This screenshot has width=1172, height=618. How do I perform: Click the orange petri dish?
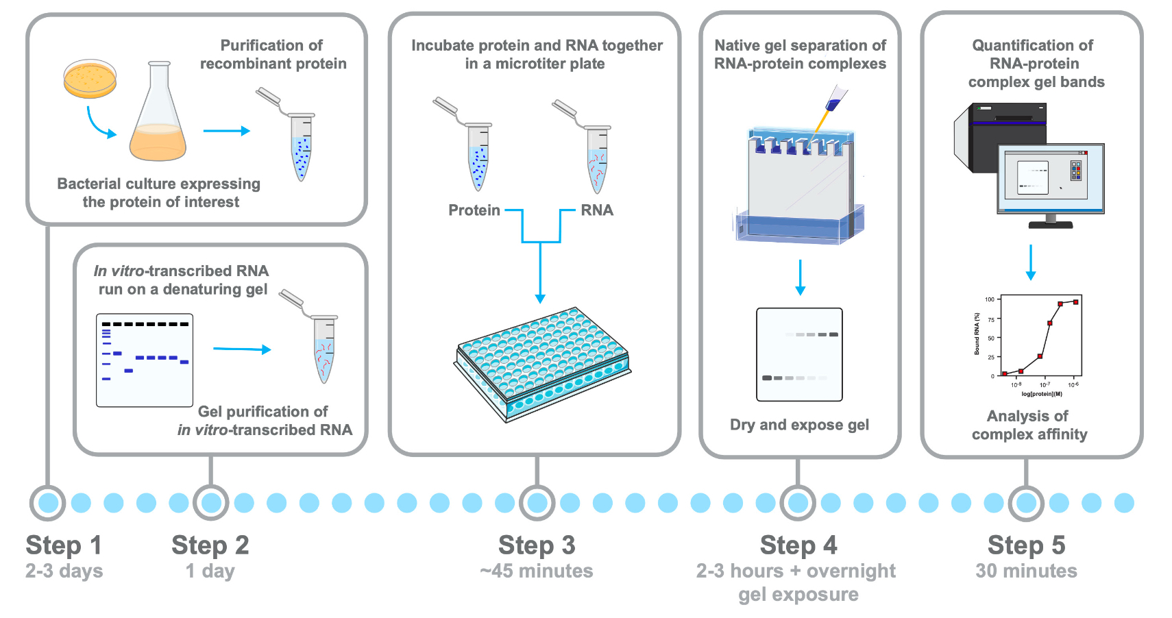(x=90, y=79)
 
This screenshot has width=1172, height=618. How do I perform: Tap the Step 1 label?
(x=64, y=545)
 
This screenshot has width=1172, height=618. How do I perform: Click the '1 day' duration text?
(x=210, y=571)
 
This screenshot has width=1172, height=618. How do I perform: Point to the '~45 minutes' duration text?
(x=537, y=571)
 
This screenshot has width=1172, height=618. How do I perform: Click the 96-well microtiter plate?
(x=541, y=363)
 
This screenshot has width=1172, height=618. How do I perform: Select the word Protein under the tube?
(x=474, y=210)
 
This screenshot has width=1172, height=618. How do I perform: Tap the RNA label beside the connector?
(x=597, y=210)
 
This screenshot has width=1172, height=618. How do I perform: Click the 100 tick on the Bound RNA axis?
(x=989, y=299)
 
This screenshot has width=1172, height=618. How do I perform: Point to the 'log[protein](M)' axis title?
(x=1042, y=394)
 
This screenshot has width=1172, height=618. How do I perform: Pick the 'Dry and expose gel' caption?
(x=799, y=425)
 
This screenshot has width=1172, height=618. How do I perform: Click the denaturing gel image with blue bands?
(x=145, y=360)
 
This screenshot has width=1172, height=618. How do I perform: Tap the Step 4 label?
(x=798, y=545)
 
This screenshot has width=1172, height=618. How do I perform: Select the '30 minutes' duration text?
(x=1026, y=571)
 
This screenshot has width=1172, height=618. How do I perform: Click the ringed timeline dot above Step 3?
(x=537, y=503)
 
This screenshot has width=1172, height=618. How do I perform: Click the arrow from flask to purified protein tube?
(x=226, y=131)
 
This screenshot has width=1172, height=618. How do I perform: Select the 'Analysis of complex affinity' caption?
(x=1029, y=425)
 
